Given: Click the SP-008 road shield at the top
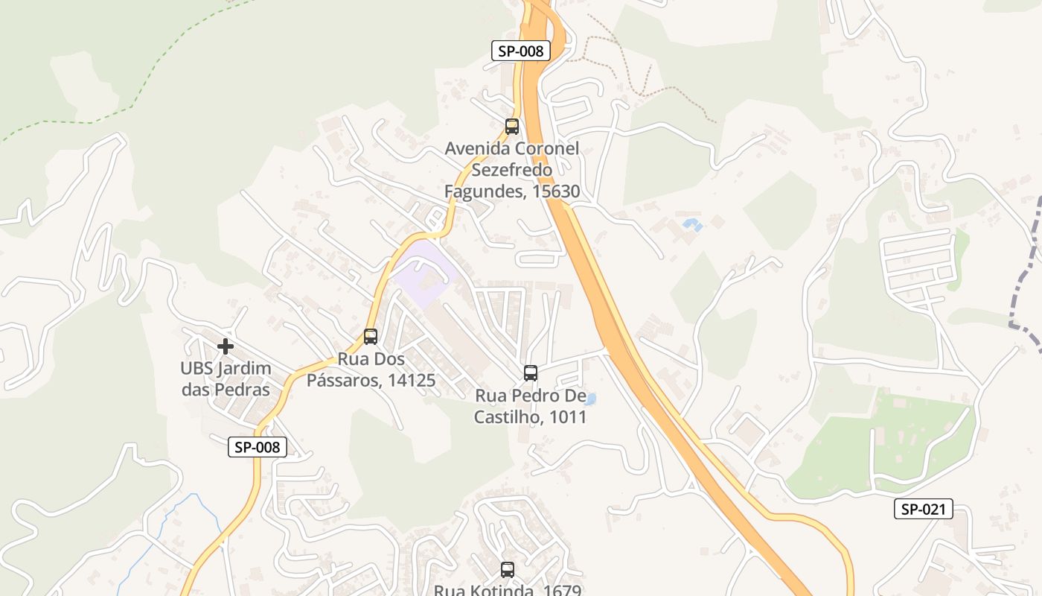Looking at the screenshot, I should (521, 51).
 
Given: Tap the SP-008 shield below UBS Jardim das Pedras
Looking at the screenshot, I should (258, 447).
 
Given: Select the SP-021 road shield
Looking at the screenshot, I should (923, 509).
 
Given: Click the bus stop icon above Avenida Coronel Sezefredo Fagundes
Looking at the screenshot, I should (512, 127).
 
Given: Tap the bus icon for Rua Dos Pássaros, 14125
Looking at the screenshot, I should (371, 337).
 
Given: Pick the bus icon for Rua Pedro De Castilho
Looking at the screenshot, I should (531, 373).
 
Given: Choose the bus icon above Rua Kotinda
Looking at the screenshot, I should (508, 570).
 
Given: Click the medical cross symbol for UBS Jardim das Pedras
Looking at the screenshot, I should (226, 346).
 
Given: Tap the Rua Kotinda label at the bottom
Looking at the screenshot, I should (507, 590).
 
